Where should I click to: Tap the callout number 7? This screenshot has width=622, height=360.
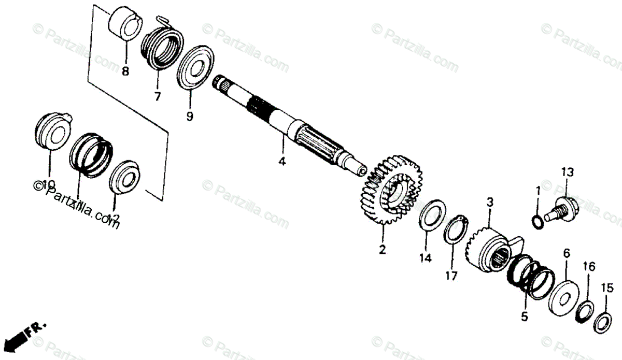pos(157,96)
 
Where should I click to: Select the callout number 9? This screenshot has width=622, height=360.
pos(189,117)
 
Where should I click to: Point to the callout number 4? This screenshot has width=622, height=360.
pos(281,162)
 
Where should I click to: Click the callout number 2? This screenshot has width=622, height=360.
pos(382,250)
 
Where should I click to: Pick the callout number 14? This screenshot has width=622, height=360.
pos(426,258)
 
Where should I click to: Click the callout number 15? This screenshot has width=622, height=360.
pos(607,287)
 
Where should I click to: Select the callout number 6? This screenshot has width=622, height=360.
pos(566,253)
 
